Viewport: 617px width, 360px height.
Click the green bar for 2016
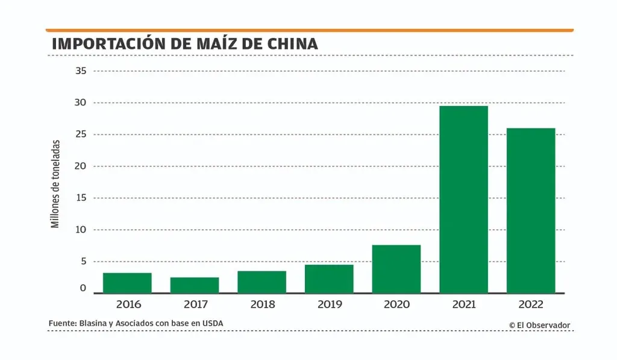click(x=127, y=283)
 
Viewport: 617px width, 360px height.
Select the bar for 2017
click(x=194, y=285)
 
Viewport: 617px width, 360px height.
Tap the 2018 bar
click(x=262, y=282)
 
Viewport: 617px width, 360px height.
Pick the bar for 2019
click(x=329, y=279)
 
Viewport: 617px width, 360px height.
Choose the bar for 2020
click(x=396, y=269)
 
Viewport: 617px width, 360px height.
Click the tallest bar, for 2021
click(x=463, y=200)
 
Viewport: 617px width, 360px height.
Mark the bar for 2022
click(x=531, y=210)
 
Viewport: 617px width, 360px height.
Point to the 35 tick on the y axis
click(x=81, y=71)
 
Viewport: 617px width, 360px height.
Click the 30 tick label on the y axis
click(x=81, y=103)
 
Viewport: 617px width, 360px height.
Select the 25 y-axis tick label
click(x=81, y=134)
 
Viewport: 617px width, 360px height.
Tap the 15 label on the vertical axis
click(x=81, y=198)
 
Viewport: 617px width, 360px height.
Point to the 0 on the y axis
click(x=84, y=289)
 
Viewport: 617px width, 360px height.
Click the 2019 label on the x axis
click(x=329, y=305)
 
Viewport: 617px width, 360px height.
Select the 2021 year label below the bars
click(x=463, y=305)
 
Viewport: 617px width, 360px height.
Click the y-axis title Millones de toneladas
click(x=55, y=184)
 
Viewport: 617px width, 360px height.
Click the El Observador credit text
click(x=539, y=325)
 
